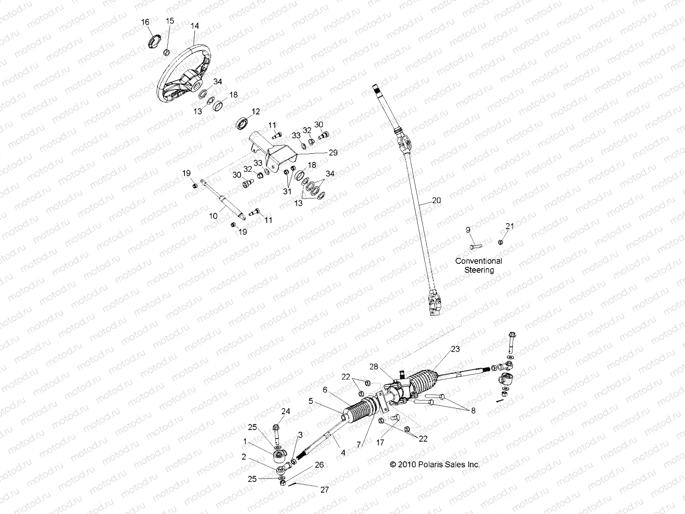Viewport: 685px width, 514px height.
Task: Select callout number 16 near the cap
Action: tap(146, 22)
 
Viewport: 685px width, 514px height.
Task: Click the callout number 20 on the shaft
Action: tap(436, 200)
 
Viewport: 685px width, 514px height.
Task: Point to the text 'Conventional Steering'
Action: tap(479, 265)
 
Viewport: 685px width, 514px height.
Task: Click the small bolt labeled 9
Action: tap(475, 246)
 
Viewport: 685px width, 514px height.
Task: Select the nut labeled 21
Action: tap(500, 242)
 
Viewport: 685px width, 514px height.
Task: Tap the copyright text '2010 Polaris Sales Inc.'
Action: tap(435, 464)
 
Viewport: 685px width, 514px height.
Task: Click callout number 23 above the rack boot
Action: tap(455, 350)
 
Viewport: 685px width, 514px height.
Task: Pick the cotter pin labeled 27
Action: tap(299, 484)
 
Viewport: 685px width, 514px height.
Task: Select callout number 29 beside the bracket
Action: tap(333, 152)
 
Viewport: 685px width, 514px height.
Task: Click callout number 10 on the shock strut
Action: tap(213, 216)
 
